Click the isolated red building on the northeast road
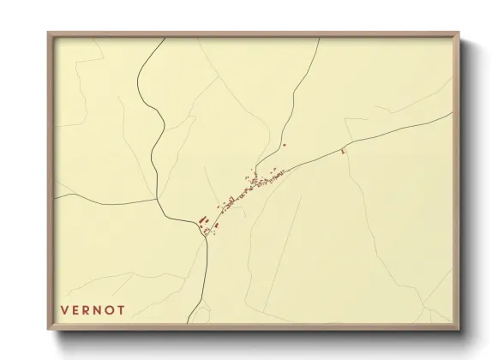click(342, 152)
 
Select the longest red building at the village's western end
click(203, 219)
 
